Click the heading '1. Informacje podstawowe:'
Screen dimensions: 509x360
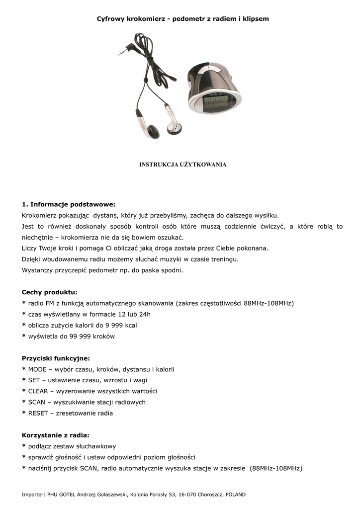(69, 204)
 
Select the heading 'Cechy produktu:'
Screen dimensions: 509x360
(50, 292)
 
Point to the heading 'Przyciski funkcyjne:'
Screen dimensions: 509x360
(56, 358)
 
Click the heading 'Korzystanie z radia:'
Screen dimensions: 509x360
(55, 435)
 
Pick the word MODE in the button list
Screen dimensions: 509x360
(37, 369)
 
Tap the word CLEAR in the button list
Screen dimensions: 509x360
(38, 391)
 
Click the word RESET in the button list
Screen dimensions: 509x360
(38, 413)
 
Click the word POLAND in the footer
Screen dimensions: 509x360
(236, 495)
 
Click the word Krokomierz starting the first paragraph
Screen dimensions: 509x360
(41, 215)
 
